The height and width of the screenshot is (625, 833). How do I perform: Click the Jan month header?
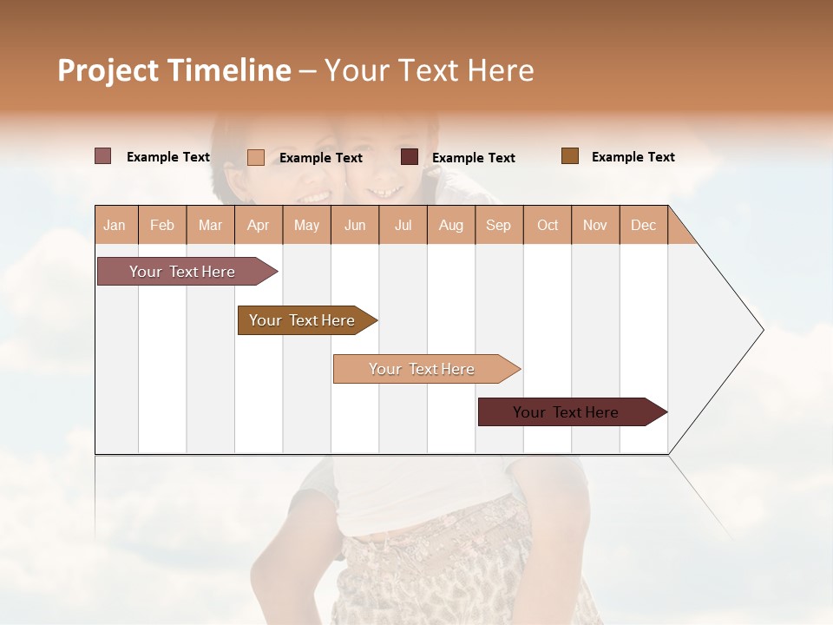115,225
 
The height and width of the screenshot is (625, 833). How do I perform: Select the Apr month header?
258,225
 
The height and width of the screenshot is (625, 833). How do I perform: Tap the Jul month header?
403,225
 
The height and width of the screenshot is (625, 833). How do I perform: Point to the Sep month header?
498,225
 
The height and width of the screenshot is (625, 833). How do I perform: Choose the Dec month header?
643,225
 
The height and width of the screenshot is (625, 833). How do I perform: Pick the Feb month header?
162,225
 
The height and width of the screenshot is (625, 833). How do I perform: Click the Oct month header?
548,225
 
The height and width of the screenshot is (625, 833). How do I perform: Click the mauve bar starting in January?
182,272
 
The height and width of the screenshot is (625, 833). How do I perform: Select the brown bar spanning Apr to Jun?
302,320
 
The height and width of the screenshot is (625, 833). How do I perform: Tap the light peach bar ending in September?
422,369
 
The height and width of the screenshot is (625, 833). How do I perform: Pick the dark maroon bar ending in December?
566,412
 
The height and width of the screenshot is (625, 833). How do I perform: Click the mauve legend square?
103,156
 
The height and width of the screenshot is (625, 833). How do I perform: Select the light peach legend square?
256,157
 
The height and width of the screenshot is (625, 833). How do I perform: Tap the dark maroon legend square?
410,157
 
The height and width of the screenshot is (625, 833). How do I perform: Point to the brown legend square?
570,156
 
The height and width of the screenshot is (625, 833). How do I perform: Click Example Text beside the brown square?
633,157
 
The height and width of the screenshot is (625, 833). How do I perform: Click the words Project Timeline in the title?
174,70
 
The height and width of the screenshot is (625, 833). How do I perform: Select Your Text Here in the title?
430,70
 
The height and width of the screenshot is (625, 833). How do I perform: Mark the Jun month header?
355,225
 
